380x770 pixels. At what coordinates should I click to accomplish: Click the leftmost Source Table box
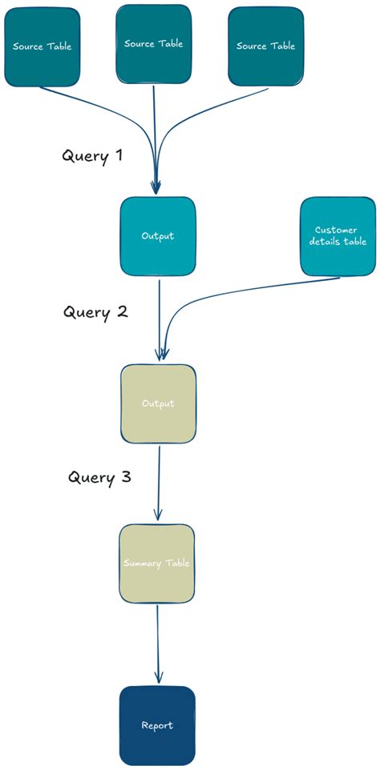[42, 46]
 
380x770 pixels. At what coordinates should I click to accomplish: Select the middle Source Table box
[153, 44]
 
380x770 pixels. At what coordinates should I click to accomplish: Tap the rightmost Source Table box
[265, 46]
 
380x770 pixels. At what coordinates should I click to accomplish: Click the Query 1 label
[92, 155]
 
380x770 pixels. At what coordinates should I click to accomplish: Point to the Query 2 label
[95, 311]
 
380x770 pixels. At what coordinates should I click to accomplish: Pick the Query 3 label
[99, 477]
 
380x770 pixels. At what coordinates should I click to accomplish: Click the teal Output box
[158, 236]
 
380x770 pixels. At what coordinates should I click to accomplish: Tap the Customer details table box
[337, 236]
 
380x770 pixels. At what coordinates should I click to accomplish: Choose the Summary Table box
[157, 563]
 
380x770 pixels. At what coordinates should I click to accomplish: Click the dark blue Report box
[157, 725]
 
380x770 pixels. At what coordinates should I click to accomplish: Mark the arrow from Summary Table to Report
[157, 640]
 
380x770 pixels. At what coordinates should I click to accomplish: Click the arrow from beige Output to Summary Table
[159, 480]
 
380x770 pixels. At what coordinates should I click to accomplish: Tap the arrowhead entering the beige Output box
[163, 355]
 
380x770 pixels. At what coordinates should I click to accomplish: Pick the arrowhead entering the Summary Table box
[158, 516]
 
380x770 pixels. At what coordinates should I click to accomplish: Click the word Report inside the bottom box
[157, 726]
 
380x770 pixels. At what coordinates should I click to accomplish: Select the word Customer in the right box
[336, 230]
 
